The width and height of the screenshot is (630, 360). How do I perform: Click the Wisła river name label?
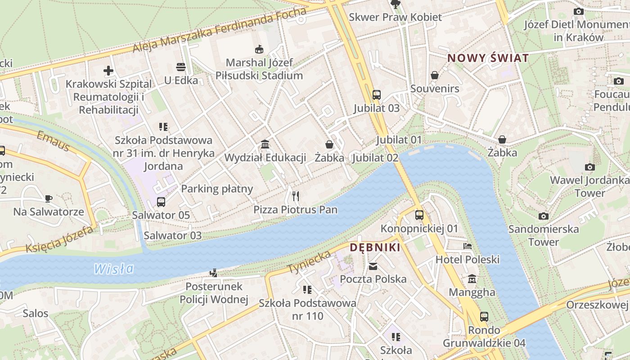coord(114,269)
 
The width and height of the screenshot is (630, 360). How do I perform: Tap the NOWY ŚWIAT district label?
coord(488,58)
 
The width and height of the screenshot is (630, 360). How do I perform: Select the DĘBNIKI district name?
coord(375,247)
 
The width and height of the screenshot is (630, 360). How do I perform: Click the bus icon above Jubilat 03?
coord(377,95)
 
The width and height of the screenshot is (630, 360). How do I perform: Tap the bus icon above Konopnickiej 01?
coord(419,215)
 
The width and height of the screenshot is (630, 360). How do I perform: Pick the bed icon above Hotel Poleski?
coord(468,246)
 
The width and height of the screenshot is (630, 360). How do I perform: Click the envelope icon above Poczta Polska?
coord(373,266)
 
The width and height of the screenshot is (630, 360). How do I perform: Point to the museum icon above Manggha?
coord(472,279)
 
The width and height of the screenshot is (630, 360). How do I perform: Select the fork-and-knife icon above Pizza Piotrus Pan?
coord(296,196)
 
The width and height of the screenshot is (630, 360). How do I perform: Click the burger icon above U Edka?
coord(181,67)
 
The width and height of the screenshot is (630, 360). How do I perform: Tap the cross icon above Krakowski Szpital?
coord(108,71)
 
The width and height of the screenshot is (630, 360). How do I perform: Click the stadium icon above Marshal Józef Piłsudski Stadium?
coord(259,49)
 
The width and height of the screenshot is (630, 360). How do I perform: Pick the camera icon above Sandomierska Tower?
coord(544,216)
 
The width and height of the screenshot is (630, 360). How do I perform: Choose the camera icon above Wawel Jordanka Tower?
coord(589,167)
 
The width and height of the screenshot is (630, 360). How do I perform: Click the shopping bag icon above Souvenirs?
coord(435,75)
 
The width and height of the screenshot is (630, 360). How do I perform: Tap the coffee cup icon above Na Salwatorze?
coord(49,198)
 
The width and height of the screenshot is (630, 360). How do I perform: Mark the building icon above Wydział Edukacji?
coord(265,144)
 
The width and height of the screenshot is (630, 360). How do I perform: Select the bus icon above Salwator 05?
coord(161,202)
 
